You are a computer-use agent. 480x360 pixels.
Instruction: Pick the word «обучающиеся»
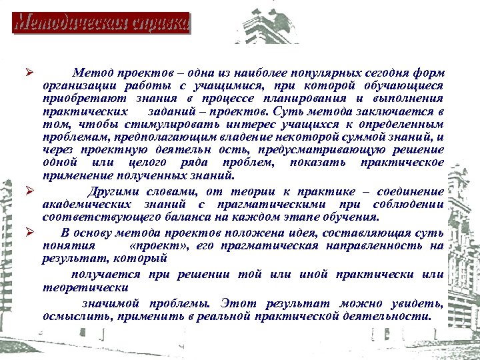point(404,85)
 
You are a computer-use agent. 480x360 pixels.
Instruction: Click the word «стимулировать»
point(159,124)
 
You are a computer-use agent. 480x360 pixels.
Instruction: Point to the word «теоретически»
point(85,287)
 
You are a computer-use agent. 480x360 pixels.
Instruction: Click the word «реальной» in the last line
point(227,315)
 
